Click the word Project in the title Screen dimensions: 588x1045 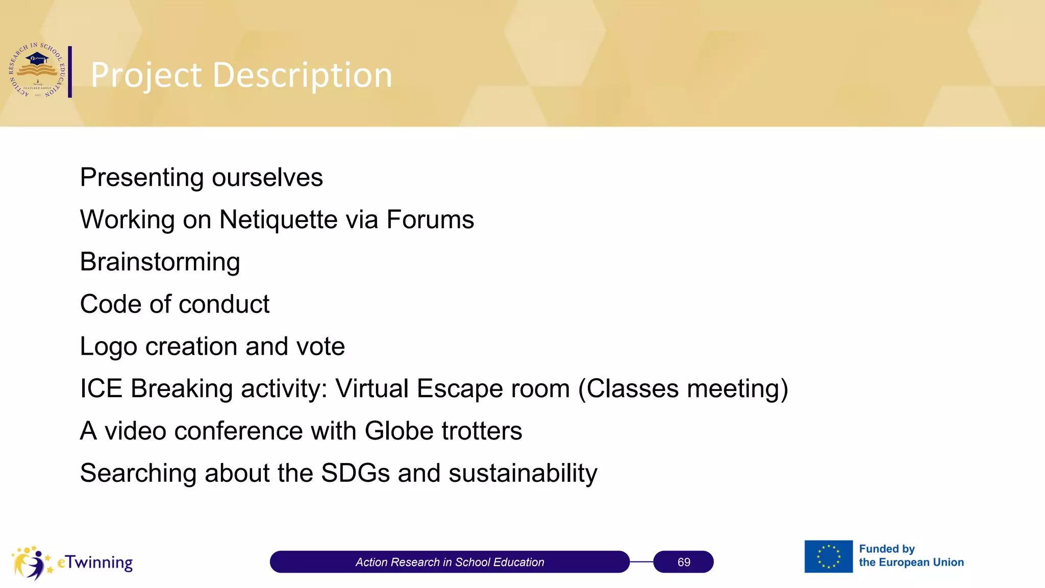pos(146,76)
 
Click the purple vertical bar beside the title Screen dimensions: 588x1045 pos(70,71)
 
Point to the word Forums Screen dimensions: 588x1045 pos(430,219)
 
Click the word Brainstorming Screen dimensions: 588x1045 pos(160,262)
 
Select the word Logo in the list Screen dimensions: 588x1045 pos(108,347)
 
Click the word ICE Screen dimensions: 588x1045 pos(101,388)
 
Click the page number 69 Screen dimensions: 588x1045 pos(683,562)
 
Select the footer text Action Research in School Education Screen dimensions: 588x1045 pos(450,562)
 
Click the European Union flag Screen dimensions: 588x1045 pos(828,556)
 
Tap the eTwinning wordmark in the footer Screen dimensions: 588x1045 pos(95,562)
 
